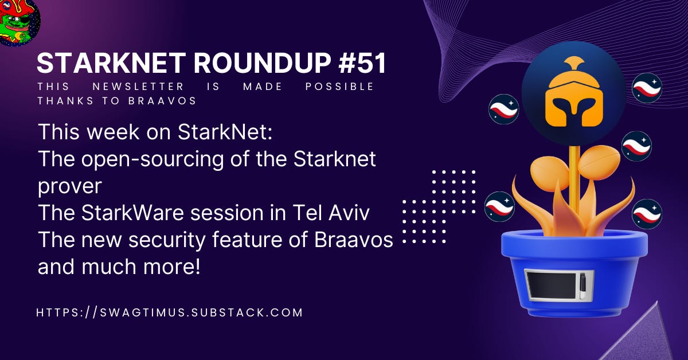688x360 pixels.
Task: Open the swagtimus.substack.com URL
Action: point(169,313)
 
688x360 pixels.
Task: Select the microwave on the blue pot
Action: point(558,285)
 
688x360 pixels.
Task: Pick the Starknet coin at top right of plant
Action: point(647,88)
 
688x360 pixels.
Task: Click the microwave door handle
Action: point(584,285)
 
